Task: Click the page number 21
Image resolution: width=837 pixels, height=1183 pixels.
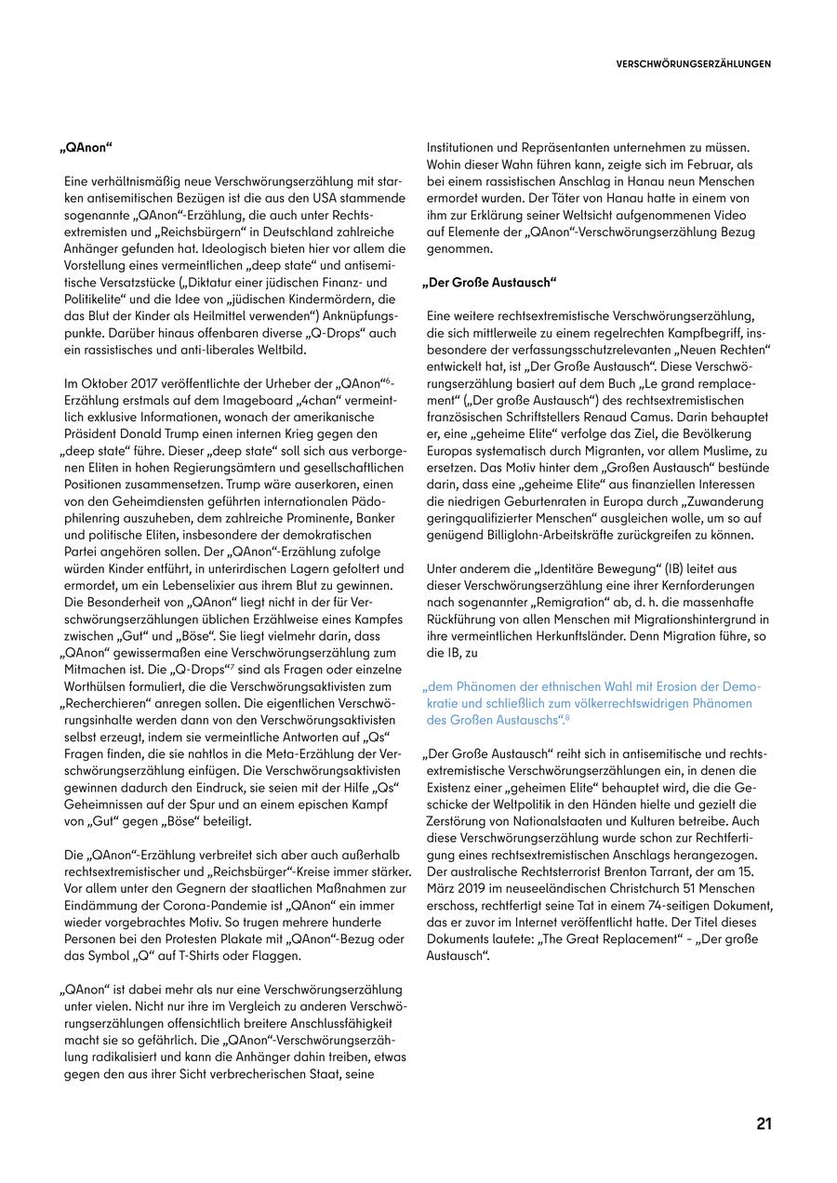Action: (x=764, y=1123)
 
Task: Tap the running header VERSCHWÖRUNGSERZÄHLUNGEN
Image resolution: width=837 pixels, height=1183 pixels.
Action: (x=693, y=65)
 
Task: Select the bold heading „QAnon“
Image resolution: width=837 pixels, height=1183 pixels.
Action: (x=86, y=148)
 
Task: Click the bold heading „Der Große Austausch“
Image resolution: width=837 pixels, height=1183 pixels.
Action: (x=489, y=282)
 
